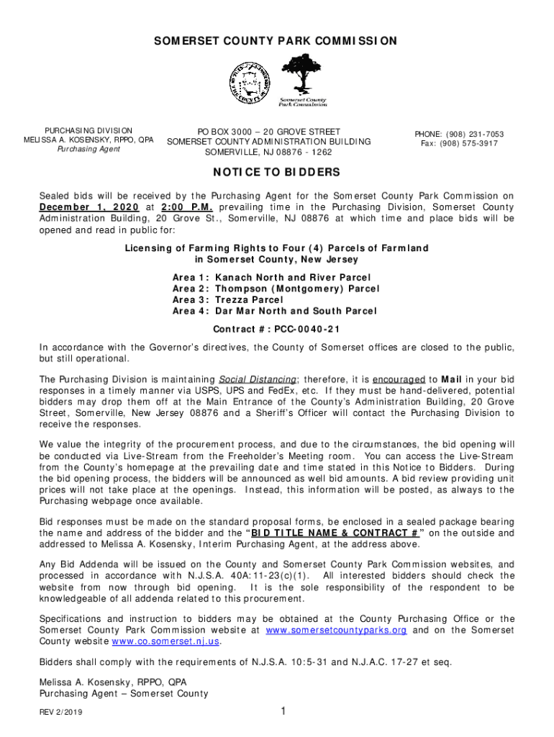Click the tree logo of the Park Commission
coord(302,76)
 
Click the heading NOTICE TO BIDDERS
coord(276,173)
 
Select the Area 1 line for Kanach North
coord(271,277)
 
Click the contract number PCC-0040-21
coord(276,329)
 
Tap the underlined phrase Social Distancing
coord(258,379)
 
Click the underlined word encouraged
coord(398,379)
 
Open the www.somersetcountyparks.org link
coord(336,630)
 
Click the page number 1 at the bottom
coord(284,712)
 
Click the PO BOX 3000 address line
coord(269,132)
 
